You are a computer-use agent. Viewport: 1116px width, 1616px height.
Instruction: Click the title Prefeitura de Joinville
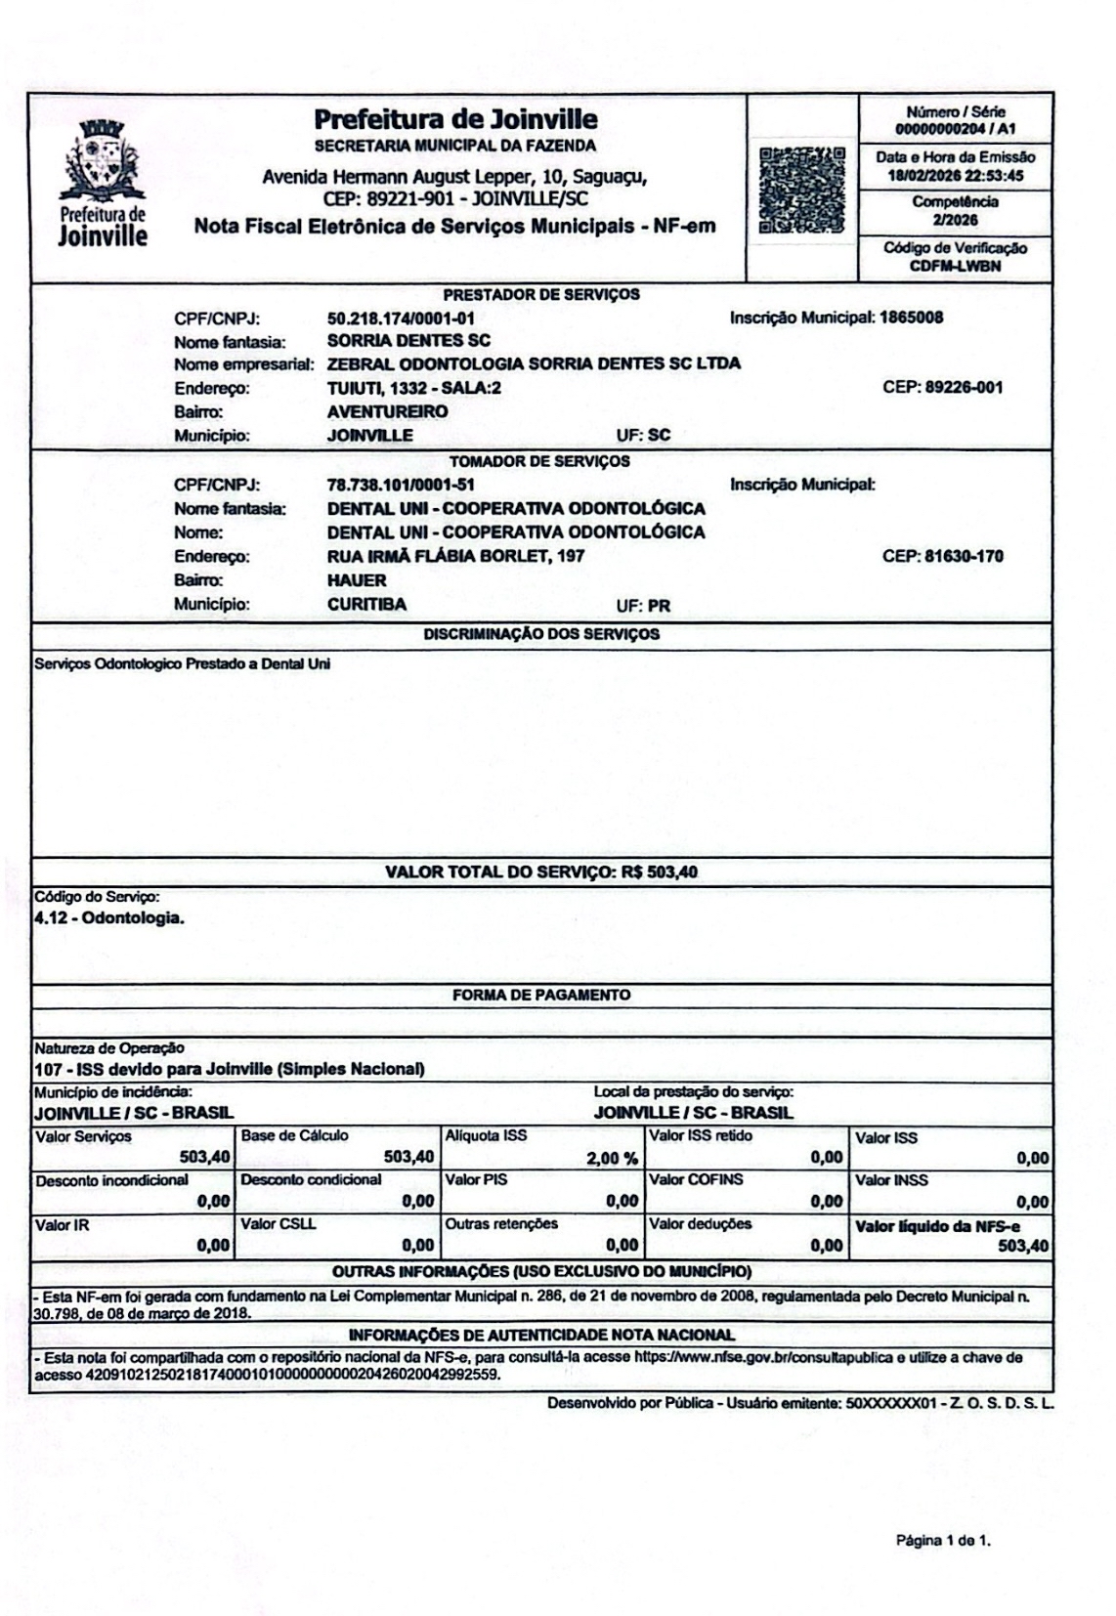[x=455, y=120]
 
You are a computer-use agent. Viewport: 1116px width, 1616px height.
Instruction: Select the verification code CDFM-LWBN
[x=955, y=266]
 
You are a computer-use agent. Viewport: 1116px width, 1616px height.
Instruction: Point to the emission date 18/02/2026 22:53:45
[x=955, y=177]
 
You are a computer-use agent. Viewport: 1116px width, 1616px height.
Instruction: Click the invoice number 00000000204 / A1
[x=955, y=128]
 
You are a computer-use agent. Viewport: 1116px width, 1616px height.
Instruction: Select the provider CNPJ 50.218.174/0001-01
[x=401, y=319]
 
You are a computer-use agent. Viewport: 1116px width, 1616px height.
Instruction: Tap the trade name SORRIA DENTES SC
[x=408, y=341]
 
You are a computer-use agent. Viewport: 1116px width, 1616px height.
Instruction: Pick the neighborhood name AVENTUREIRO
[x=387, y=411]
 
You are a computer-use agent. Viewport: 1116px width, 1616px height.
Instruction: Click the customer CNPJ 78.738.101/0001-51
[x=401, y=486]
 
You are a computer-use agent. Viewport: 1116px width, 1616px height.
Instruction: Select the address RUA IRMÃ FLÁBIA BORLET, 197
[x=455, y=557]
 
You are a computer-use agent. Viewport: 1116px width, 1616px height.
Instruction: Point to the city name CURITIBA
[x=366, y=605]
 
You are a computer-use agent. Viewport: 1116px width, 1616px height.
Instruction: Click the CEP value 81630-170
[x=964, y=557]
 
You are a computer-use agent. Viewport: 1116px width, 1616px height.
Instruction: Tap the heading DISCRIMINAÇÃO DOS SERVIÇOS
[x=540, y=634]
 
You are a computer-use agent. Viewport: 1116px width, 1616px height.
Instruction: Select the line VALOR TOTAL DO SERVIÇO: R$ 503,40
[x=540, y=872]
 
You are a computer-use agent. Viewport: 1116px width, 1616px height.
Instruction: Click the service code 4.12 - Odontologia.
[x=108, y=918]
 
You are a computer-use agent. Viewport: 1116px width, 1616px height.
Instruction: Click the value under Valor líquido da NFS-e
[x=1023, y=1246]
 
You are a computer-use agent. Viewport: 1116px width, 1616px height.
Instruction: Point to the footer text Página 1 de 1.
[x=943, y=1542]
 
